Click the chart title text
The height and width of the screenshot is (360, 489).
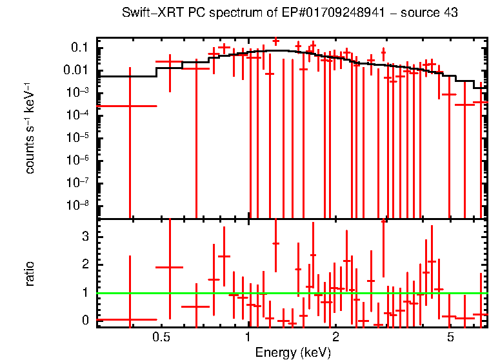pyautogui.click(x=290, y=14)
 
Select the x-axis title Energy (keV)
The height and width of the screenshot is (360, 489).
pyautogui.click(x=293, y=352)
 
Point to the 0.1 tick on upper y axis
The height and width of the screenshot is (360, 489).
pyautogui.click(x=79, y=48)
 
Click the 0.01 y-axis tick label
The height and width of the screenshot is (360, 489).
pyautogui.click(x=76, y=70)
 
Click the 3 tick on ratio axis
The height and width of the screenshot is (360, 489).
pyautogui.click(x=85, y=237)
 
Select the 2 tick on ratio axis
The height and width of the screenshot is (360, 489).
pyautogui.click(x=85, y=265)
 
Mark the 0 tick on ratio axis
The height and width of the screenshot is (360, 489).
pyautogui.click(x=85, y=320)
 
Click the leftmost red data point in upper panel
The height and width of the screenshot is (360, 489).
pyautogui.click(x=130, y=106)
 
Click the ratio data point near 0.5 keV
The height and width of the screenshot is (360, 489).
pyautogui.click(x=170, y=267)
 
